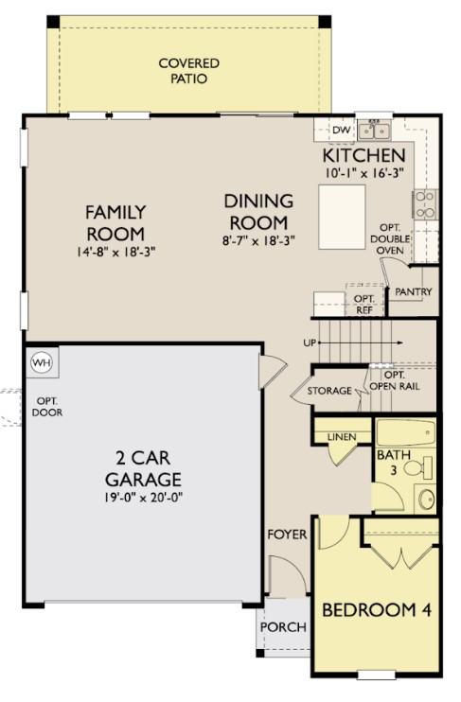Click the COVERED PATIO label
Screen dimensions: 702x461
tap(188, 71)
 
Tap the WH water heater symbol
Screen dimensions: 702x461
tap(41, 361)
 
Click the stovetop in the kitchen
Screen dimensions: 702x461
tap(425, 203)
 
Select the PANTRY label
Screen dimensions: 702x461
tap(414, 292)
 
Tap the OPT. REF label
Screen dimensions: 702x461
tap(364, 304)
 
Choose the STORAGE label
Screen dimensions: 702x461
tap(329, 391)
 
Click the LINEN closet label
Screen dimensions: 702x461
tap(342, 436)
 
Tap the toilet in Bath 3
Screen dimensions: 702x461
tap(421, 465)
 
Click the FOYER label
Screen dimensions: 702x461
tap(286, 535)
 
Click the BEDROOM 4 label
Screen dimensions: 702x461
tap(377, 610)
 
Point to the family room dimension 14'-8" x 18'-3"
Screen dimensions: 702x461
tap(115, 253)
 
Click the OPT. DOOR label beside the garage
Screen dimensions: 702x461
tap(45, 407)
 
